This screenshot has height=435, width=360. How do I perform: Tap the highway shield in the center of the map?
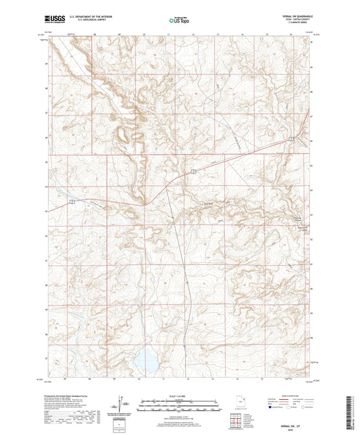tap(192, 173)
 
